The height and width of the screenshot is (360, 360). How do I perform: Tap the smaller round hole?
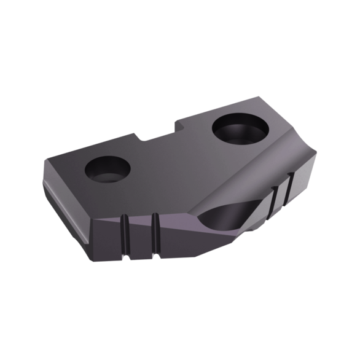pyautogui.click(x=108, y=168)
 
